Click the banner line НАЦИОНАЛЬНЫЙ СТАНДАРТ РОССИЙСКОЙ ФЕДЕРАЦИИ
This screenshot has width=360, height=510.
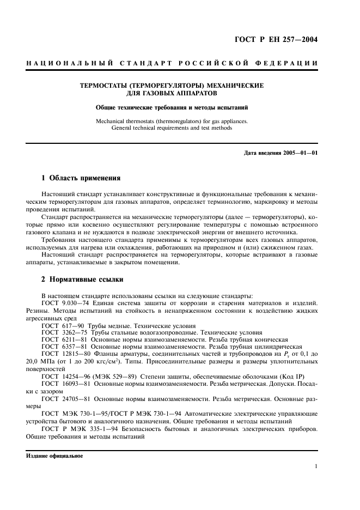[172, 63]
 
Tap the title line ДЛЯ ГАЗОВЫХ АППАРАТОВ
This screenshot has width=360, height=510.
[172, 93]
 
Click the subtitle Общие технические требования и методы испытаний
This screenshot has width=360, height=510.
[172, 107]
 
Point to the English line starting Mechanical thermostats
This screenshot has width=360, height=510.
[172, 121]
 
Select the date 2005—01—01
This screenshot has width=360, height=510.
[300, 153]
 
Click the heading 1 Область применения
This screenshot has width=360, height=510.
[81, 178]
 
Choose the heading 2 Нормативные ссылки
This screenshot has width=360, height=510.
[83, 280]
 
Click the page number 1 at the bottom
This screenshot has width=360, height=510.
[316, 466]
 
